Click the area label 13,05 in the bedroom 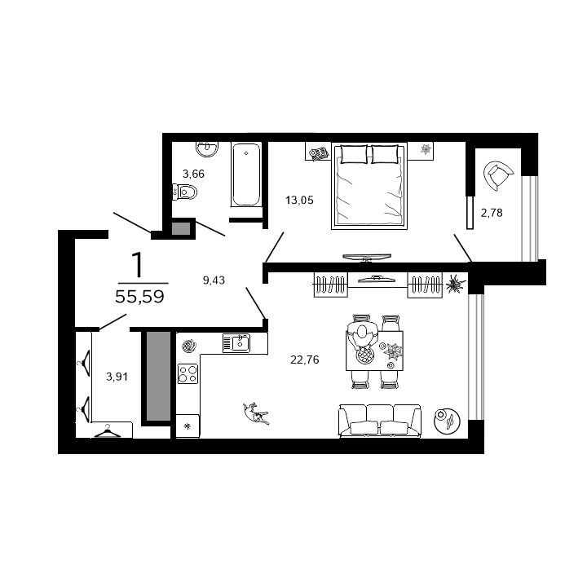[x=299, y=199]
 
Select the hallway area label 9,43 [x=214, y=280]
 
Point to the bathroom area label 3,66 [x=195, y=173]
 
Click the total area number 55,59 [x=139, y=298]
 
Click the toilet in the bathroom [x=185, y=192]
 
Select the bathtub [x=245, y=174]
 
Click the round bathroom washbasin [x=207, y=148]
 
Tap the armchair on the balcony [x=498, y=174]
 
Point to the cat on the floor [x=257, y=413]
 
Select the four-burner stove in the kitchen [x=188, y=374]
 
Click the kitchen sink [x=238, y=342]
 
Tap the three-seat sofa [x=379, y=420]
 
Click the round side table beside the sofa [x=448, y=420]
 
